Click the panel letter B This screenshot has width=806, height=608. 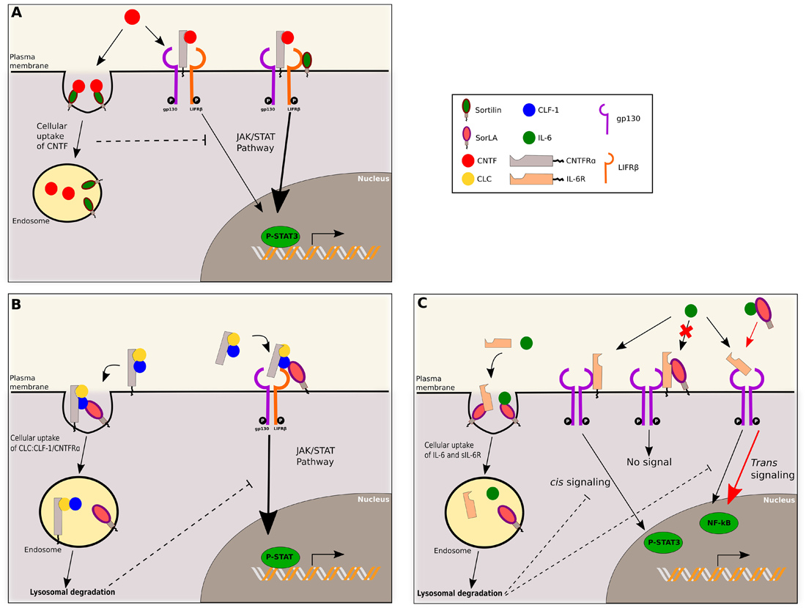pos(17,303)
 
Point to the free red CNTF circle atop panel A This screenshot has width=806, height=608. pos(133,16)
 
